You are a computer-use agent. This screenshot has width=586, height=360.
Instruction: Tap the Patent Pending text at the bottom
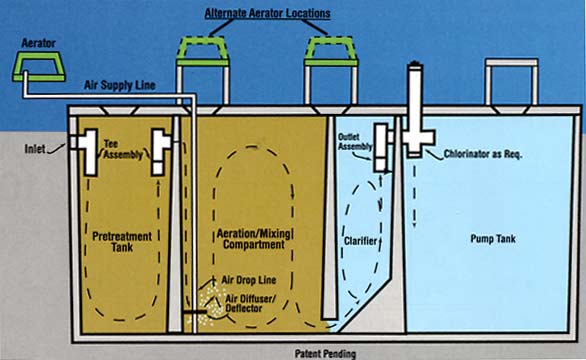tap(327, 353)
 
